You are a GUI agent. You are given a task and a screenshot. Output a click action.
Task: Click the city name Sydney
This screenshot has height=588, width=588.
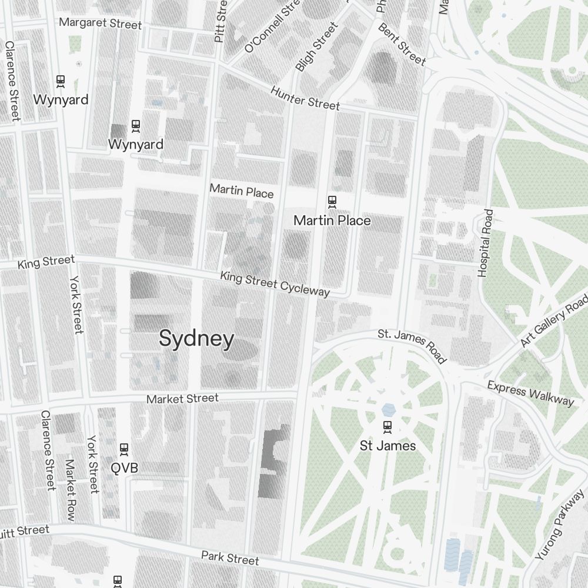coord(196,339)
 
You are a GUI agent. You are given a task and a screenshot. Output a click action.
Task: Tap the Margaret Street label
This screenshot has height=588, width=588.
coord(101,24)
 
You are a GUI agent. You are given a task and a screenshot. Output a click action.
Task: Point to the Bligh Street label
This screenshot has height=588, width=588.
coord(317,47)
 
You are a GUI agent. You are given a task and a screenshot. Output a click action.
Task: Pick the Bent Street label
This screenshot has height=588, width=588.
coord(402,44)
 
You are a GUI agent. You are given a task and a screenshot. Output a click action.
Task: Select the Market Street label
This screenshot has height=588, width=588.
coord(182,399)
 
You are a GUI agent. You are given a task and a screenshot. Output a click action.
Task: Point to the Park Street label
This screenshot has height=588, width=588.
coord(230,557)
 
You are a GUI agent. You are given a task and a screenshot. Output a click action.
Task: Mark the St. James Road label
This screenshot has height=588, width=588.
coord(412,346)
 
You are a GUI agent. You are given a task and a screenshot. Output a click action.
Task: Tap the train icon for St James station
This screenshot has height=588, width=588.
coord(387,426)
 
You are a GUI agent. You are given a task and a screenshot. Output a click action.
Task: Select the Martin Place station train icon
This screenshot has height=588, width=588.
coord(332,202)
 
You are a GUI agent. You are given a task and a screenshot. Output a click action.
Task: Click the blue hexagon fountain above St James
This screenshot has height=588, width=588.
coord(387,409)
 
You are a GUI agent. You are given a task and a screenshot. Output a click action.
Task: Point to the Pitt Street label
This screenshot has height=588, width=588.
coord(220,21)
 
